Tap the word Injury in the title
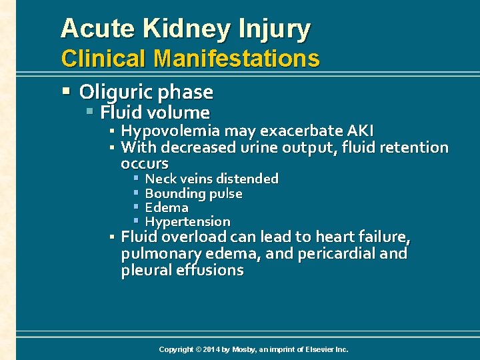pyautogui.click(x=279, y=29)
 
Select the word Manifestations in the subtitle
pyautogui.click(x=236, y=59)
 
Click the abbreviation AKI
pyautogui.click(x=359, y=131)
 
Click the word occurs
pyautogui.click(x=145, y=163)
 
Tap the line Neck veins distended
pyautogui.click(x=211, y=179)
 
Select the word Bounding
pyautogui.click(x=175, y=193)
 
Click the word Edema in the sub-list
pyautogui.click(x=167, y=207)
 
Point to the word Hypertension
pyautogui.click(x=187, y=221)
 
